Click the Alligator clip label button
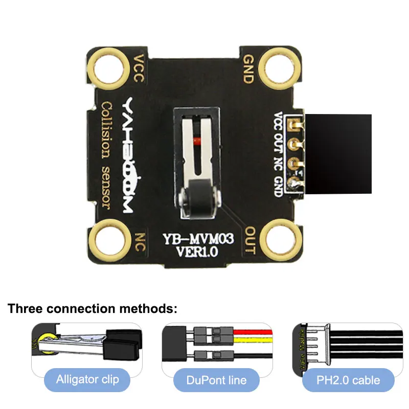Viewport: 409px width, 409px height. [87, 380]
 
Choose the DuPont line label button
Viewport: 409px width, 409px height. [217, 380]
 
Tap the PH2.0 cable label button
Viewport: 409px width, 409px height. [348, 380]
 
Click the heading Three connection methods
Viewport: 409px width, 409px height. [92, 309]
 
